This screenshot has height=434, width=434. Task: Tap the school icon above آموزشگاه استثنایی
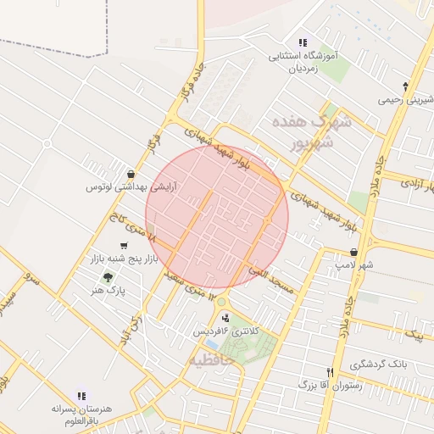[x=303, y=42]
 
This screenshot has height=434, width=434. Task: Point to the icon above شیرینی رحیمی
[x=406, y=86]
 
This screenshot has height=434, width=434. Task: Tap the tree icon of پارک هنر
[x=107, y=277]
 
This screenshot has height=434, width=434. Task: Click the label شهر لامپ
[x=353, y=265]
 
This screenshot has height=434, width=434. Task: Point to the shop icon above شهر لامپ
[x=353, y=252]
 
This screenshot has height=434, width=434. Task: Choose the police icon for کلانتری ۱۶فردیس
[x=225, y=317]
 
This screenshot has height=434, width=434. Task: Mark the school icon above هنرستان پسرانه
[x=81, y=394]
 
